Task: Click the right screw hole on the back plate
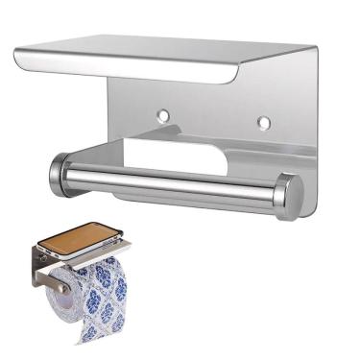(x=263, y=122)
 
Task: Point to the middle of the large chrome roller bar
(x=173, y=181)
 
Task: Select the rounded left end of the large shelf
(x=21, y=60)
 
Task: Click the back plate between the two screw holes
(x=213, y=117)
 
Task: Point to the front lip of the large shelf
(x=144, y=71)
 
